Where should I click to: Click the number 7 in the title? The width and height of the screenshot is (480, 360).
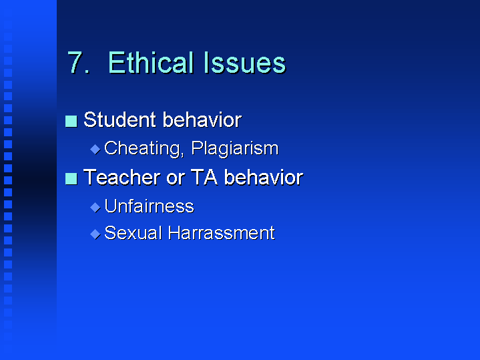pos(77,63)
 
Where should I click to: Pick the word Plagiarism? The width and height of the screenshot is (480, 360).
pos(234,148)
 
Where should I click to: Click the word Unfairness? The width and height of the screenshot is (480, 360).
pos(149,206)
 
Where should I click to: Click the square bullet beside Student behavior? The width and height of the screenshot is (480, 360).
pos(71,121)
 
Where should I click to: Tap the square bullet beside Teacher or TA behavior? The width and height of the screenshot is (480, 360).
pos(71,178)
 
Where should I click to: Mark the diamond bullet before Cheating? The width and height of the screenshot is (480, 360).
pos(94,149)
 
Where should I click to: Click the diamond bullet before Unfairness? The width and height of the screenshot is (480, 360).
pos(94,207)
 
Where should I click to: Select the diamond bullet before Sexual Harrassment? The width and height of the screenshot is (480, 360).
pos(94,234)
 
